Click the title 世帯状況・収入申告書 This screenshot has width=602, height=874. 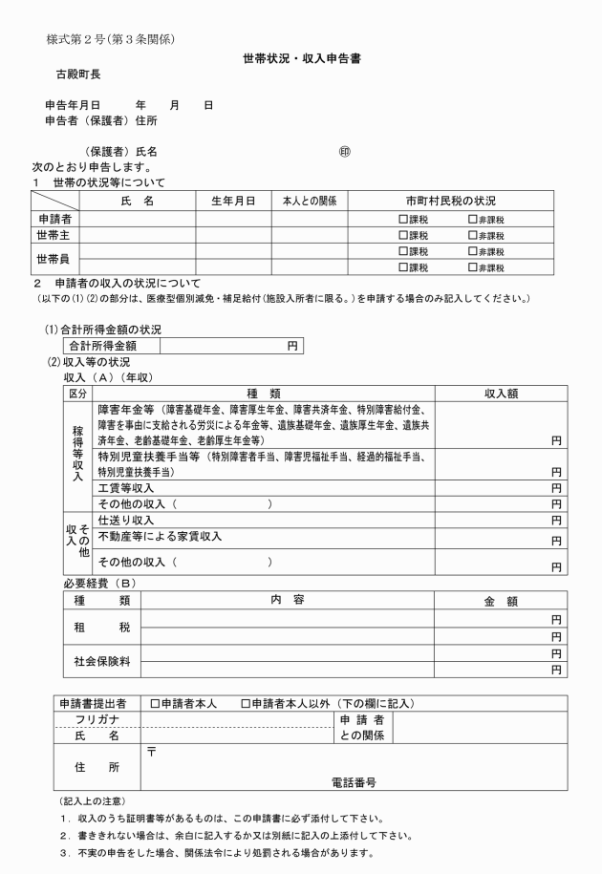pos(300,59)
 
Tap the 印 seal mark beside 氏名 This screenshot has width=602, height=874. pos(345,152)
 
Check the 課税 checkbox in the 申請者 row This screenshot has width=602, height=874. pos(403,220)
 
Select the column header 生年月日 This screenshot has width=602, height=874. pos(233,202)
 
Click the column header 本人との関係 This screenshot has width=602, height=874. pos(310,202)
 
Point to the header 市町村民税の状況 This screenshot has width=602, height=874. pos(450,202)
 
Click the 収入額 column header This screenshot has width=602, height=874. pos(501,393)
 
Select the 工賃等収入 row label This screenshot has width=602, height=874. pos(126,488)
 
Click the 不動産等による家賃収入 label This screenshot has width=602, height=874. pos(160,537)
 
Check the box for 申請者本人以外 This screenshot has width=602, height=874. pos(246,704)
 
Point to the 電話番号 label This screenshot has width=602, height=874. pos(353,781)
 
